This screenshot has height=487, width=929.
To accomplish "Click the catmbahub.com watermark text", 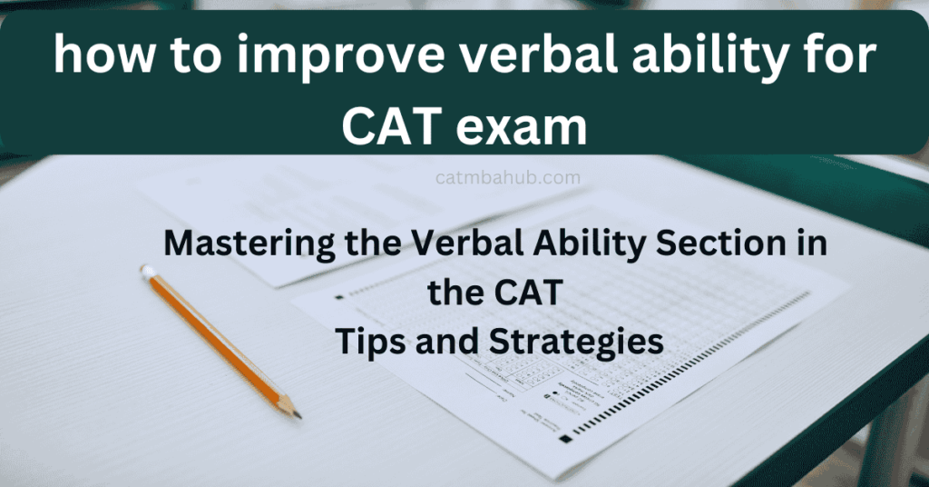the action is click(x=508, y=177).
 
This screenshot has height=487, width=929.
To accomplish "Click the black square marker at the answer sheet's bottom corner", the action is click(x=565, y=439).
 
